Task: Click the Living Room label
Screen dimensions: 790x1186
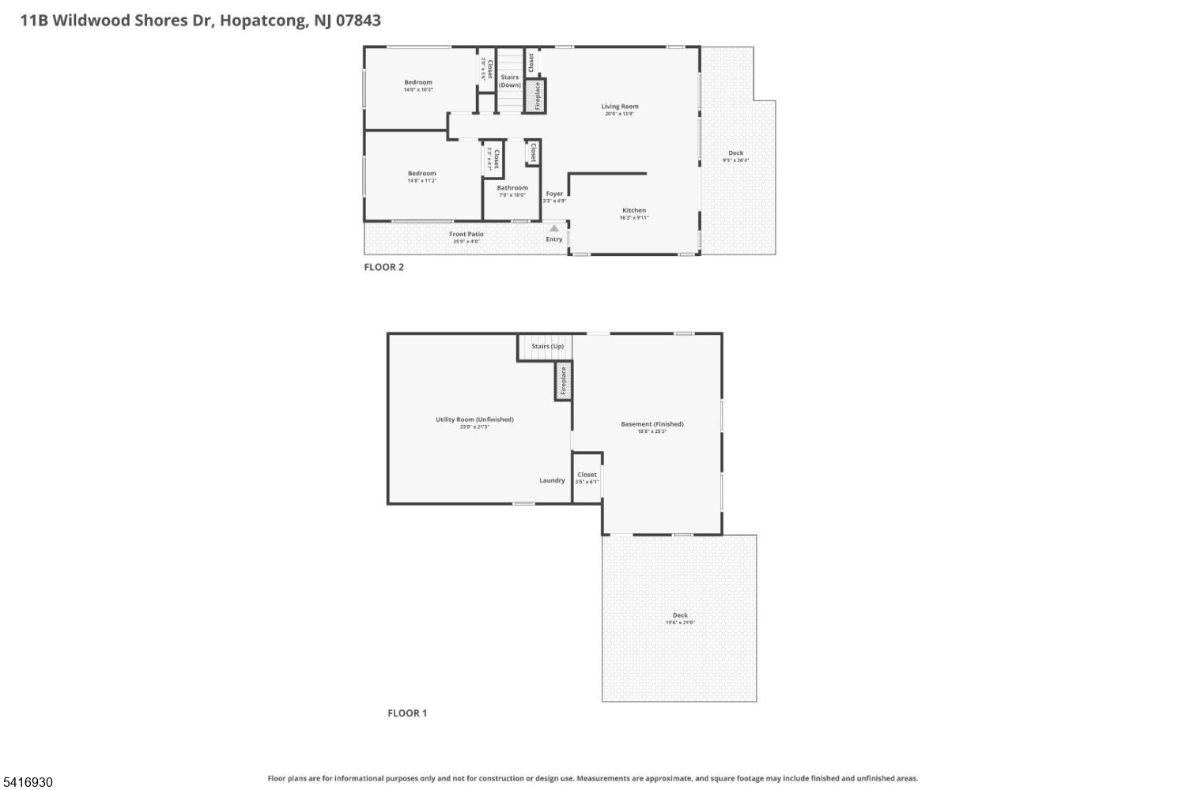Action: click(619, 107)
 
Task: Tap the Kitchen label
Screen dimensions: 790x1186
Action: click(633, 211)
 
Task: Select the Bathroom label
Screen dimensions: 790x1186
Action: click(512, 188)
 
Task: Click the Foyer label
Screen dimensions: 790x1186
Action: click(554, 194)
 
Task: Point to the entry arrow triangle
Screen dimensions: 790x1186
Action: click(554, 228)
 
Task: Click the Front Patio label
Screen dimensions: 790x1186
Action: click(466, 235)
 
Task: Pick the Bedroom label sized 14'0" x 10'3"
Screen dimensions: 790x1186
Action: click(418, 83)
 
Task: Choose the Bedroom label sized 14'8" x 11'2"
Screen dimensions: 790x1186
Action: click(421, 174)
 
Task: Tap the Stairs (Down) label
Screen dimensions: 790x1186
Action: click(510, 81)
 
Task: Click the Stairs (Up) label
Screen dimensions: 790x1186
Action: click(547, 347)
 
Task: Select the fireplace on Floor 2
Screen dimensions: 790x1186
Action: click(537, 96)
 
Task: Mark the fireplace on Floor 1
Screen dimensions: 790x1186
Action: click(563, 381)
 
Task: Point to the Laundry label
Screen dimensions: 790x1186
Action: click(552, 480)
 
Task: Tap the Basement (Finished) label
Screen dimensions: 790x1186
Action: click(652, 424)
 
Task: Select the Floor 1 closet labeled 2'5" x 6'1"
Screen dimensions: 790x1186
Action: click(587, 477)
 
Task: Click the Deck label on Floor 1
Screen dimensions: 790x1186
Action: click(680, 615)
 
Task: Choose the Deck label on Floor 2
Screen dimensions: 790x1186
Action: click(735, 153)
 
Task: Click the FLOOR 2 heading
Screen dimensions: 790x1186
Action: click(383, 267)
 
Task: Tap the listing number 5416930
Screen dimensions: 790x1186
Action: click(27, 782)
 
